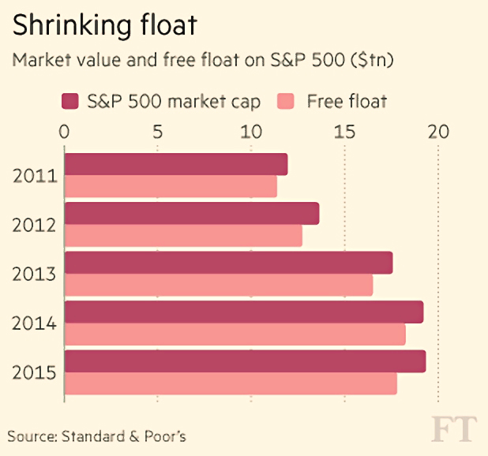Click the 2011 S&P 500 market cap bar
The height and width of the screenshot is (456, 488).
click(176, 164)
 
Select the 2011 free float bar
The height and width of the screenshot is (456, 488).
click(171, 186)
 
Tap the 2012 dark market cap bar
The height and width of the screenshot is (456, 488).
click(192, 213)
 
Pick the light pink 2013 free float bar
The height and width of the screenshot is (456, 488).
click(219, 285)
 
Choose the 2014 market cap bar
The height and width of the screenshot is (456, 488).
click(244, 312)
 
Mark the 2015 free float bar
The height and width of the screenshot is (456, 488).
click(231, 383)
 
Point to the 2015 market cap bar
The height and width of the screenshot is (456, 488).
click(246, 361)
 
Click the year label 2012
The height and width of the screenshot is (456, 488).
click(34, 225)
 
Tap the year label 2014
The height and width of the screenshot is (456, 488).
click(34, 323)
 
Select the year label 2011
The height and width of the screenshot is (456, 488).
click(35, 176)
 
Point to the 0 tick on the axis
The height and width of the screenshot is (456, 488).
click(64, 132)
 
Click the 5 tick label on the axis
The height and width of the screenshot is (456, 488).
click(158, 132)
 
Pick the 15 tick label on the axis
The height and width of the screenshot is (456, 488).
click(344, 132)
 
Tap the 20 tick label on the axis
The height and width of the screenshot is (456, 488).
click(438, 132)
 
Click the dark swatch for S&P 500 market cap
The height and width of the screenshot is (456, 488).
click(70, 101)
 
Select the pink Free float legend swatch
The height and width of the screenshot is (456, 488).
click(286, 101)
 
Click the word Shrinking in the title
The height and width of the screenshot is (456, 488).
click(72, 26)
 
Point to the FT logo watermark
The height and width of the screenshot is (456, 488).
click(454, 429)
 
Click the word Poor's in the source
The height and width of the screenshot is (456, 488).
click(165, 436)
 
